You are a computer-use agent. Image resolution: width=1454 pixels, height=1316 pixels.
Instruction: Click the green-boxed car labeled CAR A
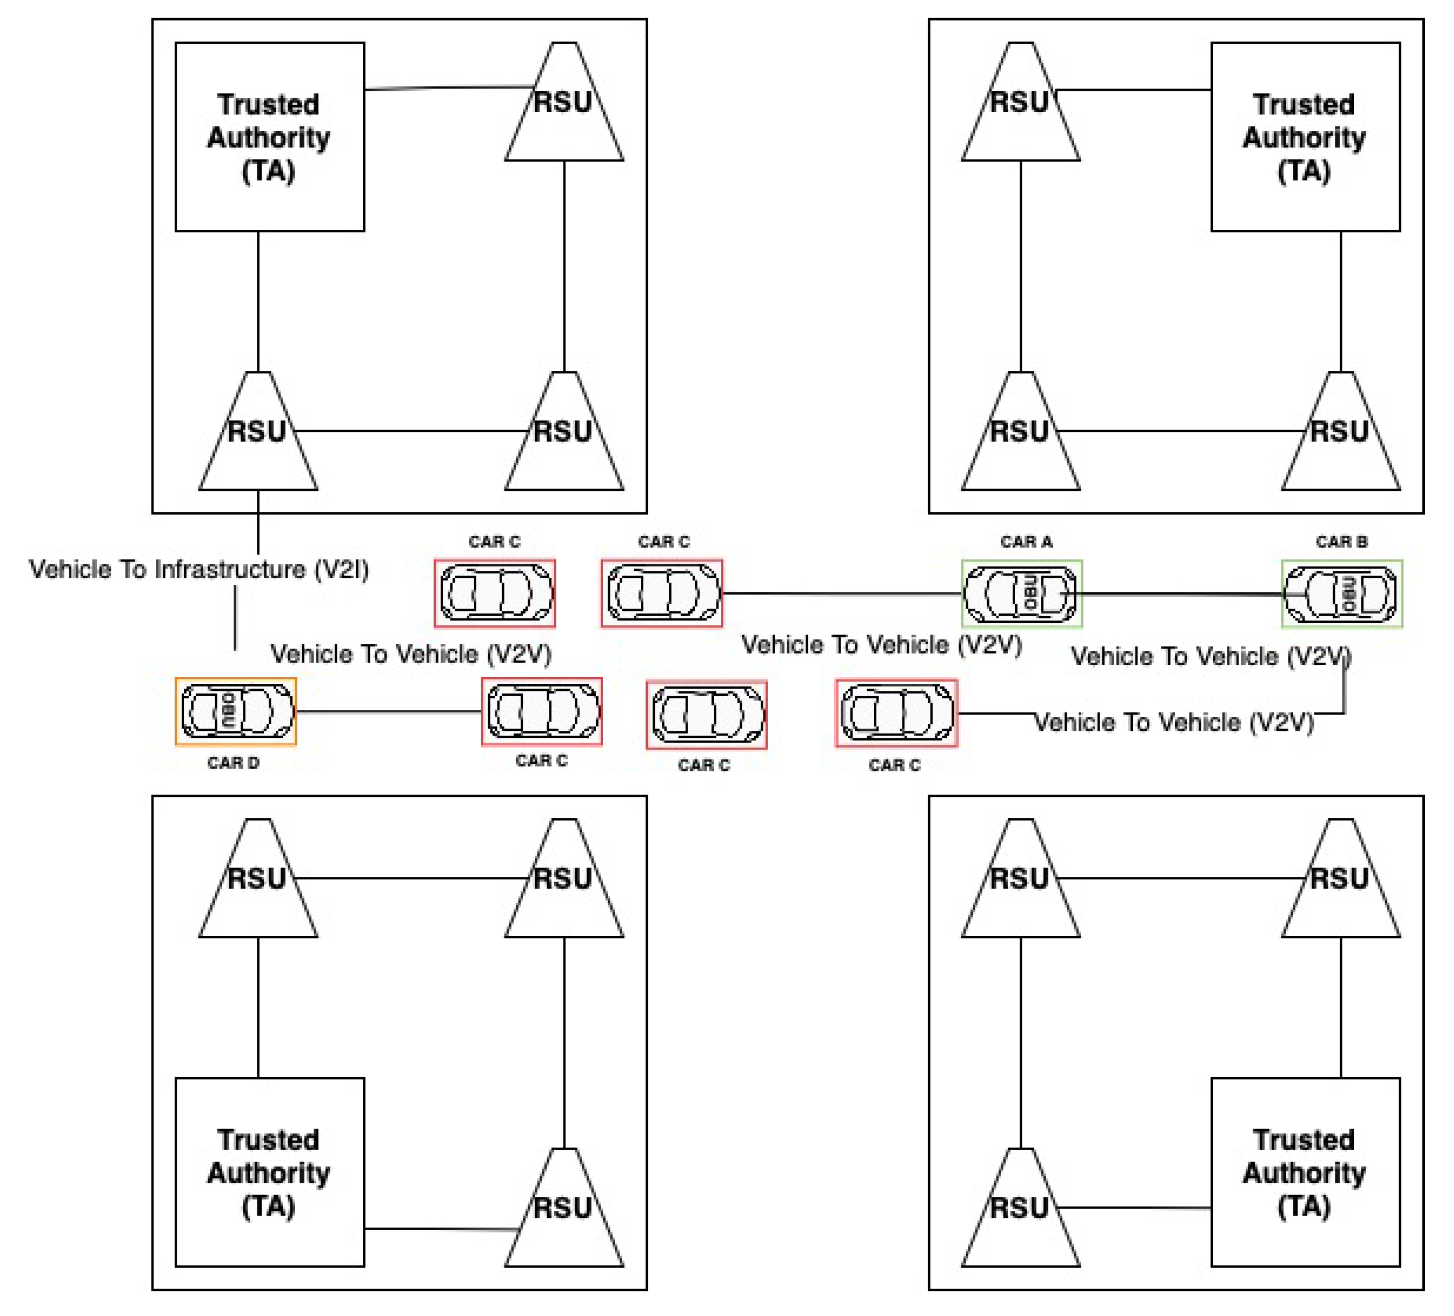pyautogui.click(x=1021, y=593)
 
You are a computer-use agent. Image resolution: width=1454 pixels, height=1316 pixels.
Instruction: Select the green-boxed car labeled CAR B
pyautogui.click(x=1342, y=593)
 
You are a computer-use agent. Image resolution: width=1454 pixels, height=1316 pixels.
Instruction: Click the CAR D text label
pyautogui.click(x=233, y=763)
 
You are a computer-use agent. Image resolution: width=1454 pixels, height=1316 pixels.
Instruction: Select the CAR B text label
pyautogui.click(x=1342, y=542)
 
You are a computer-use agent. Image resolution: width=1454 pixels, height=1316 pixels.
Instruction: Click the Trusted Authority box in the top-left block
pyautogui.click(x=270, y=137)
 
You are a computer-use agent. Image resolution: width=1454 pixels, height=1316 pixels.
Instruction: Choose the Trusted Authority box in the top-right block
pyautogui.click(x=1305, y=137)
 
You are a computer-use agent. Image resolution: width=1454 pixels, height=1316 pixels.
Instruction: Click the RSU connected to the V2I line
pyautogui.click(x=258, y=433)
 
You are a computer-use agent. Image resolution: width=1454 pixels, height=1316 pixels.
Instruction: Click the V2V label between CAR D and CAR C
pyautogui.click(x=410, y=654)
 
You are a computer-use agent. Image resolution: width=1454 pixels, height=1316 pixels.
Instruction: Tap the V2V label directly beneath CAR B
pyautogui.click(x=1210, y=656)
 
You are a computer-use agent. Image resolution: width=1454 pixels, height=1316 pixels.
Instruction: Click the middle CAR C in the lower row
pyautogui.click(x=707, y=715)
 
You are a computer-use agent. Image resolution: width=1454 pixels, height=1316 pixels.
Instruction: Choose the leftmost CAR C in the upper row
pyautogui.click(x=495, y=593)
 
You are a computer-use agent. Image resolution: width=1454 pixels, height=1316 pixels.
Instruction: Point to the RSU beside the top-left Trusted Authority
pyautogui.click(x=564, y=103)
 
